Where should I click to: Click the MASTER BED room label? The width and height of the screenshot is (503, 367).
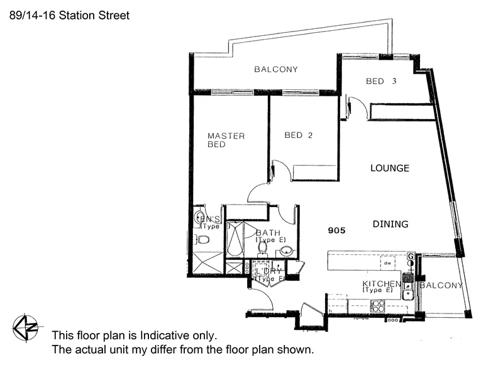(x=226, y=140)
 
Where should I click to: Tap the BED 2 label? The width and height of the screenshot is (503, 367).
(x=298, y=135)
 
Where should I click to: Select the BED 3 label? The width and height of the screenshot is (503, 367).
(x=382, y=81)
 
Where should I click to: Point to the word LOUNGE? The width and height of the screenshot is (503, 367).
(x=390, y=168)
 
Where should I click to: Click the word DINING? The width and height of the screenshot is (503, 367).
(x=390, y=223)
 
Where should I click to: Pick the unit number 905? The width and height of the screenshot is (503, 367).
(x=337, y=230)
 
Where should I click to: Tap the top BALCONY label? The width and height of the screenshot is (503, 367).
(x=276, y=69)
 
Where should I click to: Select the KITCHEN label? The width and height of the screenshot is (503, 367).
(x=381, y=285)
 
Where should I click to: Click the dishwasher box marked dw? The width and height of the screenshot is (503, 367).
(x=389, y=263)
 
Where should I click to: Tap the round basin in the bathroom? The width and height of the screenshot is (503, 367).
(x=286, y=252)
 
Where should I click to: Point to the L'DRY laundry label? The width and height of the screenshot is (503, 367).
(x=268, y=271)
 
